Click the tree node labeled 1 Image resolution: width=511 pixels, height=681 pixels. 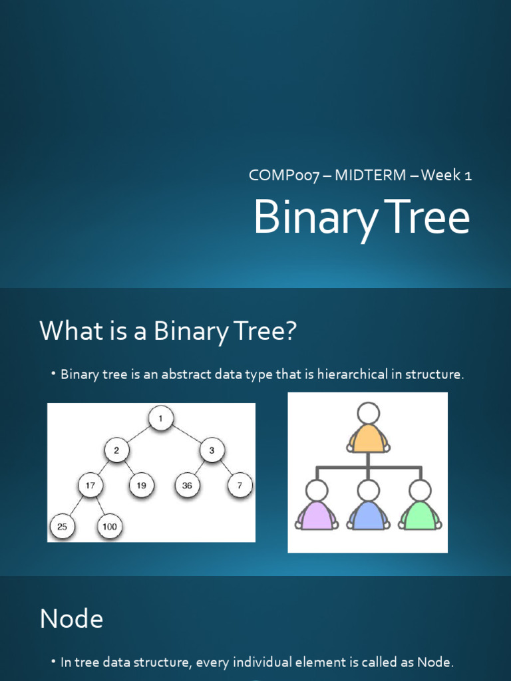[x=160, y=419]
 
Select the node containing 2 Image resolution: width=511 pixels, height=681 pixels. [x=116, y=451]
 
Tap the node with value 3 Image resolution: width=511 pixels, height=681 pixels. [x=212, y=451]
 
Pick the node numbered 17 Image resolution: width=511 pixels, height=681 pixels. [x=90, y=485]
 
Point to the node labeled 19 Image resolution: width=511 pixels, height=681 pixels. [x=141, y=485]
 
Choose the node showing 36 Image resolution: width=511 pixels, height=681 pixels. [x=187, y=485]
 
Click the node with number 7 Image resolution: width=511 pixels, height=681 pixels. [x=240, y=485]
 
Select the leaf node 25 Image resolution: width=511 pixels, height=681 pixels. [x=62, y=527]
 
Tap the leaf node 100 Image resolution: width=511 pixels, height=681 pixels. [x=109, y=527]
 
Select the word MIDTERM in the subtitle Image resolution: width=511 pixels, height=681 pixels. [x=370, y=176]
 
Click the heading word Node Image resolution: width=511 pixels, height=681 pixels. [x=71, y=619]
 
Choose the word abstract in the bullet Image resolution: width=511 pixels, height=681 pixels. [x=204, y=374]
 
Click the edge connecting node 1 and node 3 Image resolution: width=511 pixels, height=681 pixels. [x=187, y=434]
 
